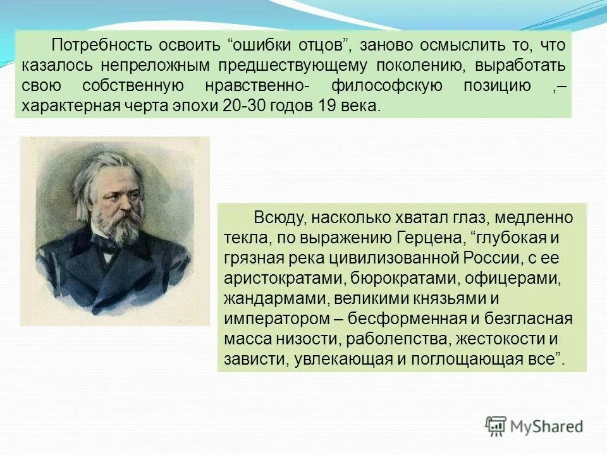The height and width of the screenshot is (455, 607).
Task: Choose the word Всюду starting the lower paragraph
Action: (277, 218)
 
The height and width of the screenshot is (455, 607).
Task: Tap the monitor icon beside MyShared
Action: (496, 426)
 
